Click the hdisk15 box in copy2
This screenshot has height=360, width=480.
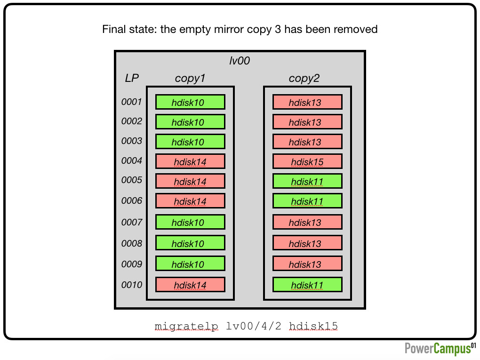307,161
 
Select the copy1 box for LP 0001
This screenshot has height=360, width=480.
190,102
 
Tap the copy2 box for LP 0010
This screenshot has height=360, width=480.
307,285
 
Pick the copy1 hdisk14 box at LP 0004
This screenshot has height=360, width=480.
190,161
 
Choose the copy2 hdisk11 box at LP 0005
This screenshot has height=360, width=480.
307,181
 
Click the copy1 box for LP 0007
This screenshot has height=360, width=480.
190,222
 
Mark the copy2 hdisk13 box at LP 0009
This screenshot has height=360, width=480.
307,264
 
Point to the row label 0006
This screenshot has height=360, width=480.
132,200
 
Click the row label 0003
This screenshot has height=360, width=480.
132,141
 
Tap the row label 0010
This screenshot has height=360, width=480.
132,285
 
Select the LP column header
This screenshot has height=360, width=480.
132,78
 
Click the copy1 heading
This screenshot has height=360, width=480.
190,79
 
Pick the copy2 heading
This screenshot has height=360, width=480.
304,79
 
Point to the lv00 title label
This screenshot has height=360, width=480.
240,61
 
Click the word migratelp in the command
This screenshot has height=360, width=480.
186,326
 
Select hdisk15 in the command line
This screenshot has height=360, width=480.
313,326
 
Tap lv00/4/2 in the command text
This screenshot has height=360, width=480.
254,326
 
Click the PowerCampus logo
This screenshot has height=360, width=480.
440,349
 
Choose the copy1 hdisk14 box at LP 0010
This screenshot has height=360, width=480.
190,285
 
